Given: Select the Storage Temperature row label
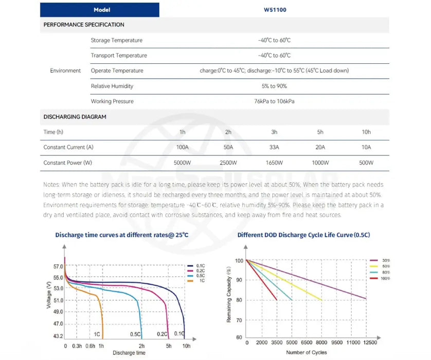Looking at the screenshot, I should coord(117,40).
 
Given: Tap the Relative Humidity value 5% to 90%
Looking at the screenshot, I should coord(274,86).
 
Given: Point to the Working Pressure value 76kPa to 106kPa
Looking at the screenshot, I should coord(274,101).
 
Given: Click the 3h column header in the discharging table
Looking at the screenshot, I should coord(274,132).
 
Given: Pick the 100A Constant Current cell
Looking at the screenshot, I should coord(183,148).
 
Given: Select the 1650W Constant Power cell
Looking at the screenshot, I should coord(274,163).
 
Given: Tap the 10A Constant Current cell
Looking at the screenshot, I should coord(366,148).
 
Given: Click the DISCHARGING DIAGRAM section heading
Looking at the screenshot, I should coord(75,117).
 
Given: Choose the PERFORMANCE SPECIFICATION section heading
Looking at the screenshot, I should coord(84,25).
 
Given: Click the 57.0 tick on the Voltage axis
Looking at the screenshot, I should coord(58,267).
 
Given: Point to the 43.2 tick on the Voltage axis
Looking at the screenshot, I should coord(58,336).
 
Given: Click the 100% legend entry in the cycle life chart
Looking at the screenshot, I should coord(385,278).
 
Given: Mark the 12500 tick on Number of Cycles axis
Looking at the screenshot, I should coord(369,342).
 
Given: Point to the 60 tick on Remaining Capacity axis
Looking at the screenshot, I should coord(239,337).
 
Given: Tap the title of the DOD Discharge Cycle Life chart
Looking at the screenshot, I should coord(303,235).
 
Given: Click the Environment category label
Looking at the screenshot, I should coord(65,70).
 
